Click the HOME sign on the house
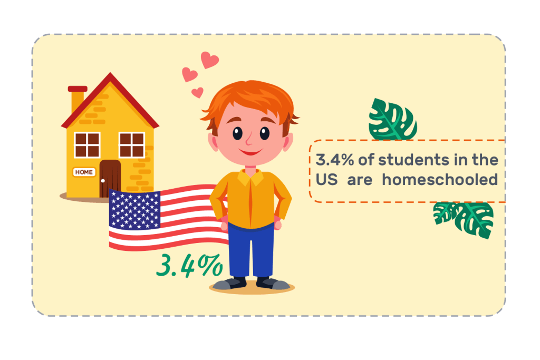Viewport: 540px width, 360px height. (84, 172)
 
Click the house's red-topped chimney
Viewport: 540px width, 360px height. (77, 98)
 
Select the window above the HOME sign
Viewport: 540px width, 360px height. (87, 144)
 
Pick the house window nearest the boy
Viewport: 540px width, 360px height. (132, 144)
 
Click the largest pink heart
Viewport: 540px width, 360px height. (209, 60)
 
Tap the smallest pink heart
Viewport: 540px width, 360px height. (197, 93)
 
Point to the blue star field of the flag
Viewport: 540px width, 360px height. (134, 209)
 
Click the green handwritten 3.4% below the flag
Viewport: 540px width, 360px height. (189, 265)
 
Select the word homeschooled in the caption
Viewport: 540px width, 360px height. (440, 180)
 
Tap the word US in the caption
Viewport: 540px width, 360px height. (326, 180)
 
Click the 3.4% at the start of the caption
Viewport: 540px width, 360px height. (335, 160)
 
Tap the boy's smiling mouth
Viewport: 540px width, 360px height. (250, 151)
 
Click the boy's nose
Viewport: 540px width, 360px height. (249, 140)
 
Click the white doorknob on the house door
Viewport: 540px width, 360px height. (103, 181)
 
